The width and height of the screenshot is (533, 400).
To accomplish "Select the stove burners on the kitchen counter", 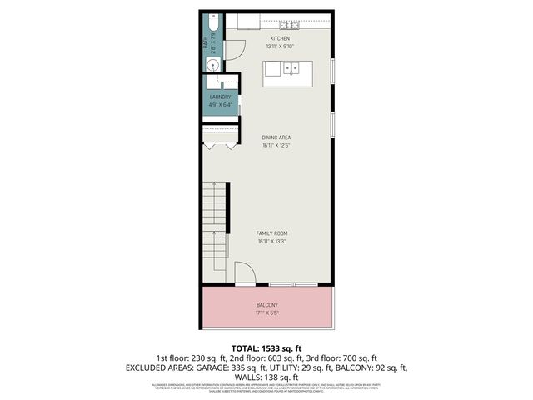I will tap(295, 25).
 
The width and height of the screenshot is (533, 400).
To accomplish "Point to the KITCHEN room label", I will tap(279, 39).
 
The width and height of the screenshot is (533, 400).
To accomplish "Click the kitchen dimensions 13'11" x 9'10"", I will tap(279, 47).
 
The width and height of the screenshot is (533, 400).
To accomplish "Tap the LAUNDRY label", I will tap(221, 97).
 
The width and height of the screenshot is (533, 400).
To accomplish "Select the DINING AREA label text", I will tap(276, 137).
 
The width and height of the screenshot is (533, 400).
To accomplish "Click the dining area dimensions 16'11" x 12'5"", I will tap(276, 145).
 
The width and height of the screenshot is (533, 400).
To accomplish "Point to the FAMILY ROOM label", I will tap(272, 234).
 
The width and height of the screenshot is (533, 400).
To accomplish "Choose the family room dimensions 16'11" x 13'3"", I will tap(272, 242).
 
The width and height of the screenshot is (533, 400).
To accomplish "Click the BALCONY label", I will tap(267, 305).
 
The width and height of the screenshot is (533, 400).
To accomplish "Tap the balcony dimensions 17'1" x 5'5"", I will tap(267, 313).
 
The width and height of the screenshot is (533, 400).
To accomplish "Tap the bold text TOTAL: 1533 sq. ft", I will tap(266, 347).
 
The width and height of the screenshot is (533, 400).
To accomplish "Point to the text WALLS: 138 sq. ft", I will tap(266, 377).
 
